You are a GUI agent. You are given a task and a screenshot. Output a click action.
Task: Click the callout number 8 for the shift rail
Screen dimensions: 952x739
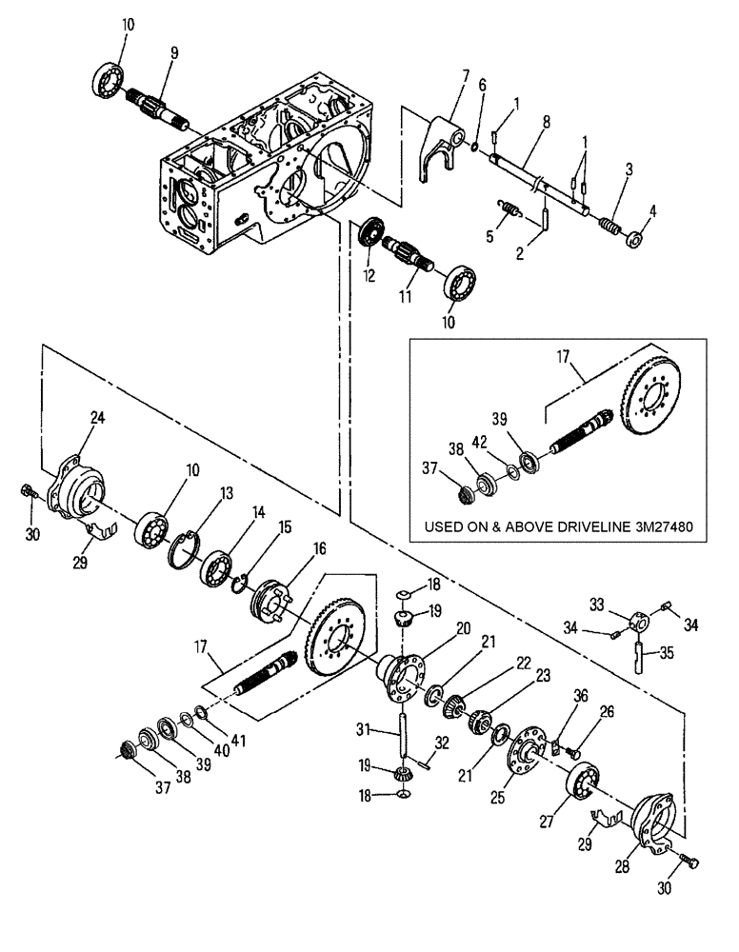[x=544, y=122]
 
